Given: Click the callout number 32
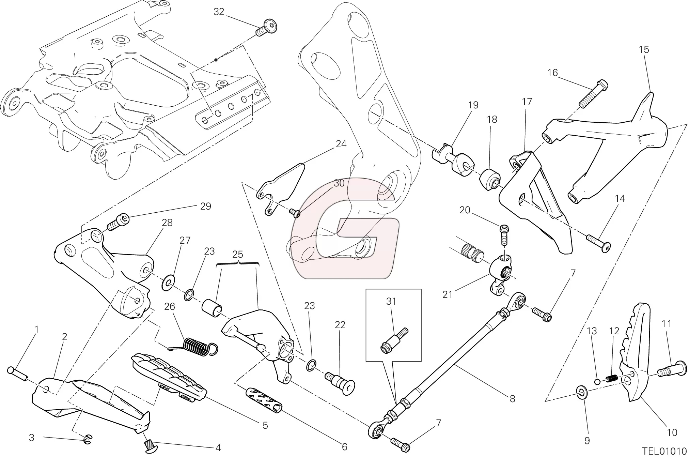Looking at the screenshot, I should click(219, 12).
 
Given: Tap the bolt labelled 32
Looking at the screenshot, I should click(267, 28).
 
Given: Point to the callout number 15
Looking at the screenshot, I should click(644, 50).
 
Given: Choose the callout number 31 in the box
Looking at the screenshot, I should click(391, 301).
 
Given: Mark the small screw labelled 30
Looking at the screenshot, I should click(294, 213).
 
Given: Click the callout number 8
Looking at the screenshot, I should click(512, 399).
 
